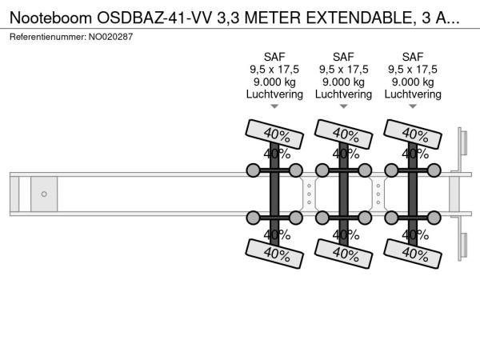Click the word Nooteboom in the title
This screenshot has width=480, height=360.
pos(51,18)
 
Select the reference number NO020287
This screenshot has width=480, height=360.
pos(110,37)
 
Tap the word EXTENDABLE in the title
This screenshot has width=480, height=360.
pos(359,18)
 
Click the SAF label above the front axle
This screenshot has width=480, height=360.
pos(274,57)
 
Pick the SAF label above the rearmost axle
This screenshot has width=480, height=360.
pos(413,57)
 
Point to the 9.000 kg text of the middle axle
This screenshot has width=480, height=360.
pos(343,82)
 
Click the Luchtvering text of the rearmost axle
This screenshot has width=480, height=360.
pos(413,94)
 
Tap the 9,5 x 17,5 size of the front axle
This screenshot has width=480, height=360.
pos(274,69)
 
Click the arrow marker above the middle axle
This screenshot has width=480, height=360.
pos(343,106)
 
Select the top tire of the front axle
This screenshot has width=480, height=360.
pos(274,134)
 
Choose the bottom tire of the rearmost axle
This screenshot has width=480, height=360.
pos(413,254)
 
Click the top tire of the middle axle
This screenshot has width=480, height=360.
pos(343,134)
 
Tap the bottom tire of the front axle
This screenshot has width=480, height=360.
pos(274,254)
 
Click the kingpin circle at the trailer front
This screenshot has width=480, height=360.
pos(44,194)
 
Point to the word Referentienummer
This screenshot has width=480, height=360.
pos(48,37)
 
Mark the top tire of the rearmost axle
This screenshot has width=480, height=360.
pos(413,134)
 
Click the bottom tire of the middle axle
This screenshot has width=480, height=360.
pos(343,254)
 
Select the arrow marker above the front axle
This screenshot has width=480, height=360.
pos(274,106)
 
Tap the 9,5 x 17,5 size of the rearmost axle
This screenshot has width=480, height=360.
pos(413,69)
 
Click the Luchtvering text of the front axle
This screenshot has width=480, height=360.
pos(274,94)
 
